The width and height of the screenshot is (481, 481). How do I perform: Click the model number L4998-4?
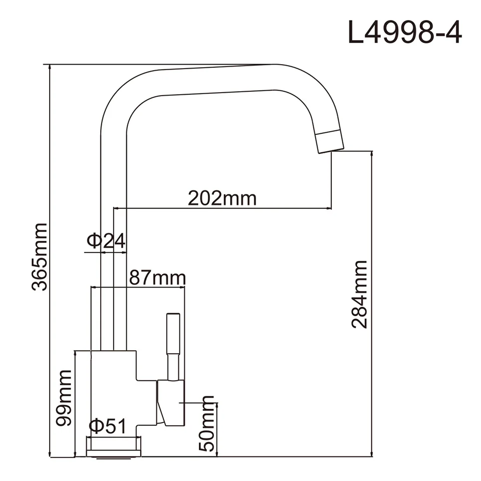405,32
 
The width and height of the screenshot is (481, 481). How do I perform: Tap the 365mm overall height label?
40,257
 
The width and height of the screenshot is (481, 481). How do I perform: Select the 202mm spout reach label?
222,198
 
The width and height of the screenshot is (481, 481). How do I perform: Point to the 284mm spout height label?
359,294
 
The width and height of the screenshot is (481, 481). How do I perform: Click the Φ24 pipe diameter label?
106,241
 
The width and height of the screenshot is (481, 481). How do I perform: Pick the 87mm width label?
157,278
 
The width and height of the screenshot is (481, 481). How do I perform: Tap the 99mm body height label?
64,398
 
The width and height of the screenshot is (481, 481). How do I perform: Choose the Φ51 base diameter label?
108,426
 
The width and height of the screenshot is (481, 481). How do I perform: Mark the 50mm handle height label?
206,423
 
